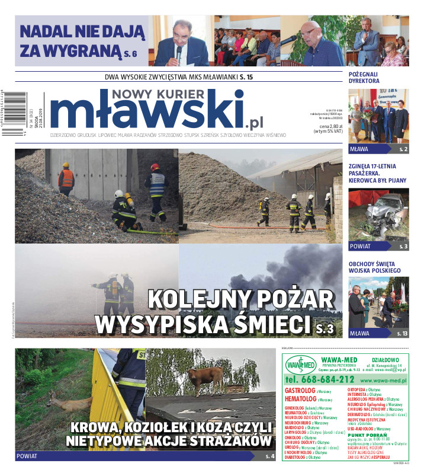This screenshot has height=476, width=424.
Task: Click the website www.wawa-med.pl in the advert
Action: coord(383,380)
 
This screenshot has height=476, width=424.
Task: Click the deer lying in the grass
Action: coord(66,404)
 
